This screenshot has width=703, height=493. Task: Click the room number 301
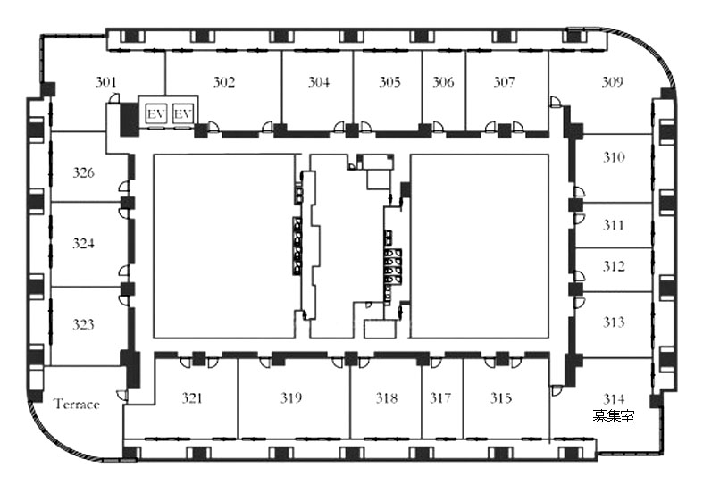click(105, 82)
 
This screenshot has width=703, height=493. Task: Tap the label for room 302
click(223, 82)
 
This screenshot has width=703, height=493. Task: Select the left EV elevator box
click(156, 113)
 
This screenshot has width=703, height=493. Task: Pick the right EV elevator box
click(182, 113)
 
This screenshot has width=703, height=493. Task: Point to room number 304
click(318, 82)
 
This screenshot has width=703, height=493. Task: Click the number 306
click(443, 82)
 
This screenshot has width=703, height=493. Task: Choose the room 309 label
click(612, 82)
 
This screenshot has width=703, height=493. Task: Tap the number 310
click(614, 157)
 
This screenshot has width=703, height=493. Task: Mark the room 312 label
click(614, 266)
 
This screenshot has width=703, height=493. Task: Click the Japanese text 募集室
click(614, 416)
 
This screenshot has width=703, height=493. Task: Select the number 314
click(614, 398)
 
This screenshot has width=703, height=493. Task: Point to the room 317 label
click(440, 397)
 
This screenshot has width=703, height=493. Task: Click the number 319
click(291, 397)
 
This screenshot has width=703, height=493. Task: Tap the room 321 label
click(192, 397)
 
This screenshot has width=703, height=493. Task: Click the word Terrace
click(77, 404)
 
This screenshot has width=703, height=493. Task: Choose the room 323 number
click(83, 324)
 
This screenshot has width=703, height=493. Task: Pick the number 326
click(83, 172)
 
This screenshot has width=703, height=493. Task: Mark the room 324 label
click(83, 243)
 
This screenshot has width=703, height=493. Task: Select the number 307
click(504, 82)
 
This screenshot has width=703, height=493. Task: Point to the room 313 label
click(614, 322)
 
